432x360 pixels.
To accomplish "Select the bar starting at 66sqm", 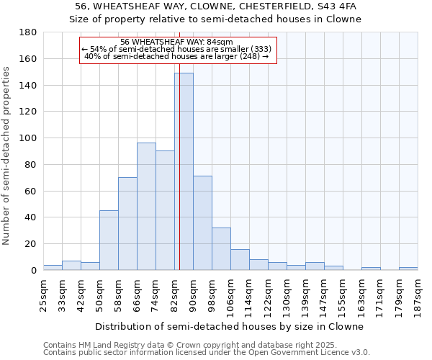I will coord(146,206).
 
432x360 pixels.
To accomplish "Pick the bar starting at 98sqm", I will coord(221,248).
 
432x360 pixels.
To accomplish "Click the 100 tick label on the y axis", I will coord(27,138).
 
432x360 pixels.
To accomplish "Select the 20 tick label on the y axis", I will coord(30,244).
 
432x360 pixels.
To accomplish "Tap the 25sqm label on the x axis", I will coord(43,294).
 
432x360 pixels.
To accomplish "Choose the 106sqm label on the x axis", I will coord(230,296).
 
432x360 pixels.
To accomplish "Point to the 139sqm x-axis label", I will coord(305,296).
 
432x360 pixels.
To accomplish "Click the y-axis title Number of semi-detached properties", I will coord(7,156).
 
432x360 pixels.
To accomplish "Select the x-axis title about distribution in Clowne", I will coord(229,326).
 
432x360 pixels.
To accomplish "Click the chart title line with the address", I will coord(216,6).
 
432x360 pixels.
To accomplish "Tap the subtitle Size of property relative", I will coord(216,19).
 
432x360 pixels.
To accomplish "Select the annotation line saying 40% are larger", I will coord(176,56).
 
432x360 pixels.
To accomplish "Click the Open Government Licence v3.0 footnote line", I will coord(206,352).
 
